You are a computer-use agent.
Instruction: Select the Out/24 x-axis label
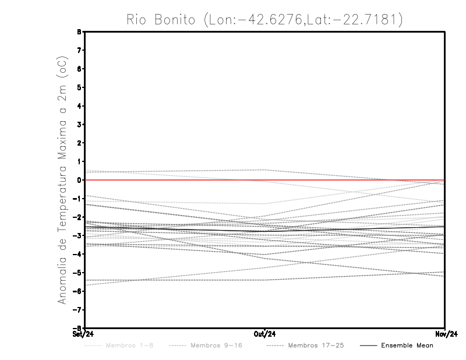[265, 334]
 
